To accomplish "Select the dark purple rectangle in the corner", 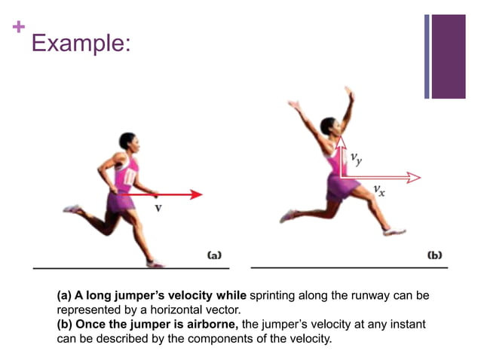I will click(449, 56).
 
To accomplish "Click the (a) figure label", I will click(214, 255).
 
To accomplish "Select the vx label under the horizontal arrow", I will click(379, 191).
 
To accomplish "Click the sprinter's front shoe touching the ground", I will click(155, 263).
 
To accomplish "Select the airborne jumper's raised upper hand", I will click(349, 93).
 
